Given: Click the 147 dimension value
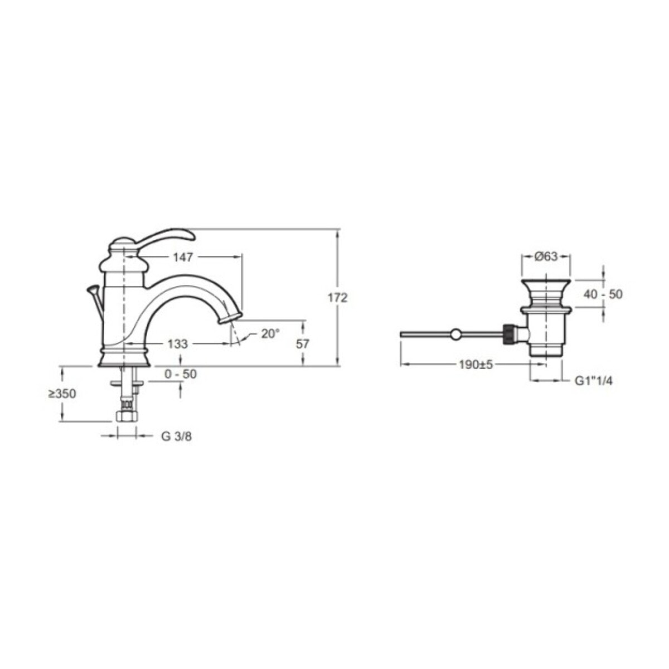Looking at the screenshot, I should point(183,257).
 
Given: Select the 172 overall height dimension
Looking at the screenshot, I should point(337,298).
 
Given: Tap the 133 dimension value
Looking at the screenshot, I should point(178,344).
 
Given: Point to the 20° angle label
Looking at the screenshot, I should point(270,333).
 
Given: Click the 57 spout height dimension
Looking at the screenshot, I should point(302,344).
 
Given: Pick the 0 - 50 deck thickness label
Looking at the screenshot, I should point(181,374).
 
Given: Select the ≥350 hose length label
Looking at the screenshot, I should point(62,394).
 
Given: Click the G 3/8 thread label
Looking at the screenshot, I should point(176,437).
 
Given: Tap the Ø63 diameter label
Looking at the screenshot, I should point(546,256).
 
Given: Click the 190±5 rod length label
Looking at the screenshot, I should point(476,365).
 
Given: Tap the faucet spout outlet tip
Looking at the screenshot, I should point(230,318).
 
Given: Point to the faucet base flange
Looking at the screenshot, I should point(124,358).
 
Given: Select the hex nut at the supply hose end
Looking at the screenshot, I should point(125,416).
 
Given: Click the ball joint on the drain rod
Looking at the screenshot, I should point(456,334).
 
